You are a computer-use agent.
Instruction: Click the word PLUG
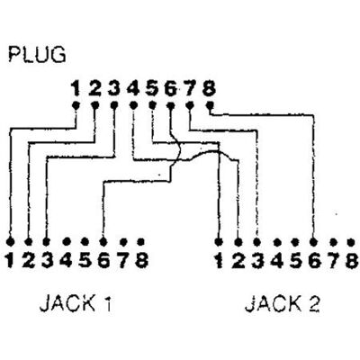point(37,54)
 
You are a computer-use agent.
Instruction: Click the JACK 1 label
point(76,303)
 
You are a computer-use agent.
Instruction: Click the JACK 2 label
point(282,304)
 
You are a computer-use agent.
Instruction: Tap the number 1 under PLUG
point(76,89)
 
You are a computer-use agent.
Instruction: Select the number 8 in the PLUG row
point(209,89)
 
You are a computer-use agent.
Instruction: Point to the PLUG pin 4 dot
point(133,105)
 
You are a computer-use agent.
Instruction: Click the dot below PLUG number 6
point(170,105)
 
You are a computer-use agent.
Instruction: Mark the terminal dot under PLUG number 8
point(210,105)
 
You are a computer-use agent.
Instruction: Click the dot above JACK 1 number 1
point(11,241)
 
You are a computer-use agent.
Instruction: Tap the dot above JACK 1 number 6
point(103,241)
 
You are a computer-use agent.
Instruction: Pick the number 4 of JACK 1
point(66,260)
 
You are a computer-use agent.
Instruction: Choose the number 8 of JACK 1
point(141,260)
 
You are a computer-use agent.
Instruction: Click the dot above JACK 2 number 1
point(219,241)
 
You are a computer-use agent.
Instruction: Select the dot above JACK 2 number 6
point(313,241)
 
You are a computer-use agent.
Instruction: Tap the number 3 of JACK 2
point(257,261)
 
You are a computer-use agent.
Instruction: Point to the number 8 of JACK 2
point(351,261)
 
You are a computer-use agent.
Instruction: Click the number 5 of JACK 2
point(295,261)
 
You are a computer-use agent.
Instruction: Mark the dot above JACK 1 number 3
point(46,241)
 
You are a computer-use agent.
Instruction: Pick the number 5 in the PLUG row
point(152,89)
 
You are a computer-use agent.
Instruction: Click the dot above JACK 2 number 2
point(238,241)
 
